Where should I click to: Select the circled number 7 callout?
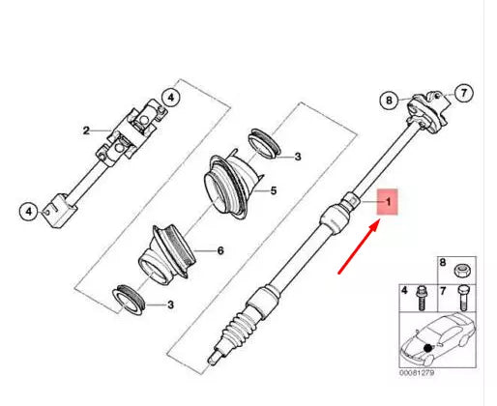point(462,94)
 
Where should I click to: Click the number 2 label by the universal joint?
point(86,130)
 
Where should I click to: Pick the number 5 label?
point(274,191)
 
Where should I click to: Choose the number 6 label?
point(219,250)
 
